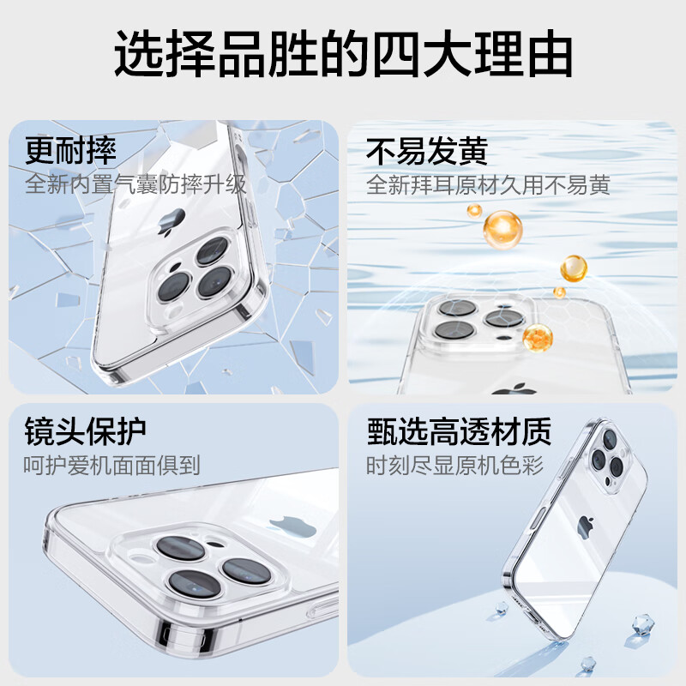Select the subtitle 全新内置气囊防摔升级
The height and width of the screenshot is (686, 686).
point(135,184)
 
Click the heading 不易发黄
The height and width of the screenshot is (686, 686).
point(426,151)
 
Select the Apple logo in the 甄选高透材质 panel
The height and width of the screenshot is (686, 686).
point(586,524)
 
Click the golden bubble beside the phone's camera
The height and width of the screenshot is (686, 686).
point(539,336)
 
